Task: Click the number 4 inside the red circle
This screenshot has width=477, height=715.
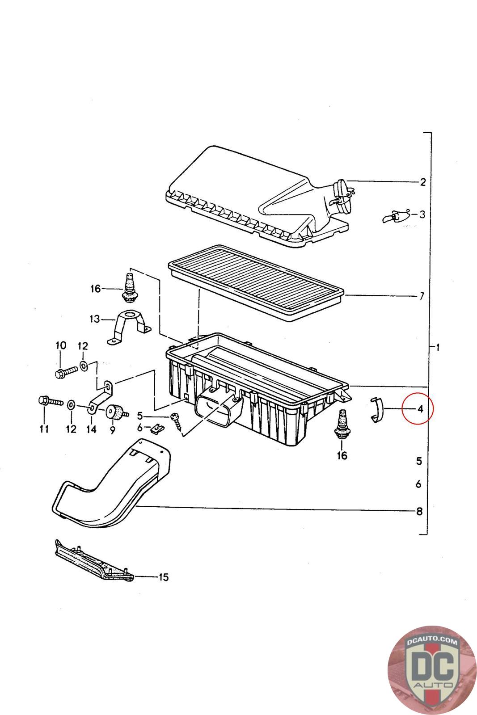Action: (x=419, y=408)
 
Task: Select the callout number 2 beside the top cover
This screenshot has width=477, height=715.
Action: (x=422, y=182)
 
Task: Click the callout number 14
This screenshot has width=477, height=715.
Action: (x=91, y=429)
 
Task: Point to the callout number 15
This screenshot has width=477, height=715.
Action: (x=164, y=577)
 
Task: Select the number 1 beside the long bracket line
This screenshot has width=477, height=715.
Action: (x=438, y=347)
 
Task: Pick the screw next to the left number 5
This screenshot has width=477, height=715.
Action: (x=176, y=420)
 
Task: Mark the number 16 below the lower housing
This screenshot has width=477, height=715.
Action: (x=342, y=456)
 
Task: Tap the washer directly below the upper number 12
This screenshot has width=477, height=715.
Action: (x=84, y=366)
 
